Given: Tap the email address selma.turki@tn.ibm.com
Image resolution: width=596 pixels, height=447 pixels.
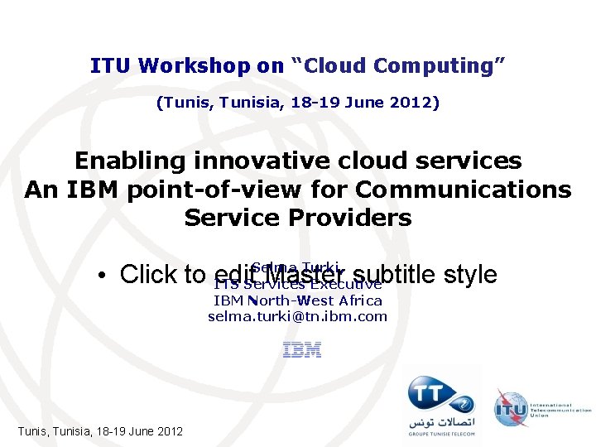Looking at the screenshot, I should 297,316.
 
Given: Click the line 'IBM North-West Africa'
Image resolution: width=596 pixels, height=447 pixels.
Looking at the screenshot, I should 297,300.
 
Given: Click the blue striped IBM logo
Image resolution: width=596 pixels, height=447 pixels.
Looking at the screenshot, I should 301,351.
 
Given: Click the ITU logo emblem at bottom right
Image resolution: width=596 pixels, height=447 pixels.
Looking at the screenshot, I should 509,408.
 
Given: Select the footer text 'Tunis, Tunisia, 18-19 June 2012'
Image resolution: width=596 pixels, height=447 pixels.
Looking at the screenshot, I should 100,431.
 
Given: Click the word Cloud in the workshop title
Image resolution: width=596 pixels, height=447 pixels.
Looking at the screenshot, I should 336,65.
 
